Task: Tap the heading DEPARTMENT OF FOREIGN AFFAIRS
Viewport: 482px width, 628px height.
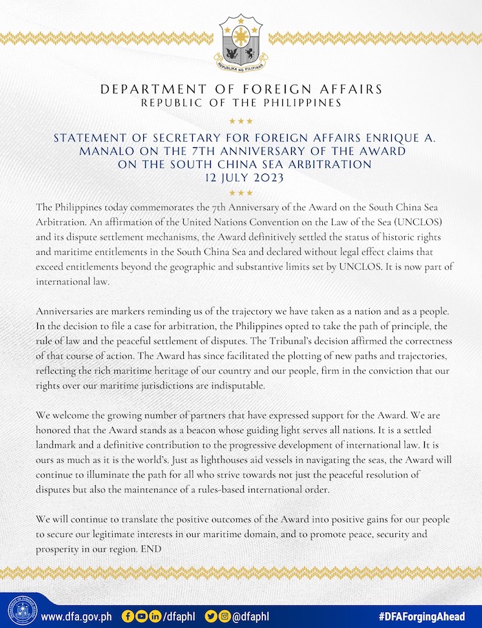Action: (x=241, y=90)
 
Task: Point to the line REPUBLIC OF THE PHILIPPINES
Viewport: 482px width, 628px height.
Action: (x=241, y=103)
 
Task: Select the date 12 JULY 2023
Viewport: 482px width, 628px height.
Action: (x=241, y=177)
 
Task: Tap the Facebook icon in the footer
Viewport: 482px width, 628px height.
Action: (x=128, y=615)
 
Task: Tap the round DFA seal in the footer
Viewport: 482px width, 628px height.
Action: (x=23, y=611)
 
